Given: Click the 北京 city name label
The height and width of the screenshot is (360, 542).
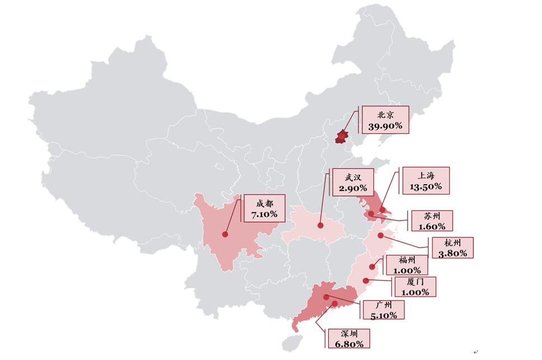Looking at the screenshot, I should [x=385, y=115].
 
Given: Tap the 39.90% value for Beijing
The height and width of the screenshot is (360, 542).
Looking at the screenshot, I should [x=385, y=126].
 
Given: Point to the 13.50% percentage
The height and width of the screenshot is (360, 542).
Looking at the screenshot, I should [x=426, y=186].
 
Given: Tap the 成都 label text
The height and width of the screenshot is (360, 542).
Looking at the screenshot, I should [x=264, y=203].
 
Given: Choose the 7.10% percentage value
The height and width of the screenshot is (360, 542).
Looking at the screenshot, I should [x=264, y=214].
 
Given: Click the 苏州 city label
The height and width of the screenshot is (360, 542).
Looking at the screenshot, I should [x=432, y=216].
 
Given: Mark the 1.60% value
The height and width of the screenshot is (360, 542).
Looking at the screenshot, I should [x=432, y=227].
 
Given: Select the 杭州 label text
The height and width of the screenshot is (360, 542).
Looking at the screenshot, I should [x=452, y=242].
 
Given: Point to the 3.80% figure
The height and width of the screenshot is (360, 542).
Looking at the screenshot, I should [x=452, y=253].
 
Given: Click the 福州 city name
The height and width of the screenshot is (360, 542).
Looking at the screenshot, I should [x=407, y=260].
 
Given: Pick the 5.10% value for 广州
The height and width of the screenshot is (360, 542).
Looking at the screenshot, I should [x=384, y=315].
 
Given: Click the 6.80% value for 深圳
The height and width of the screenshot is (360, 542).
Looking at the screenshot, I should [x=348, y=344].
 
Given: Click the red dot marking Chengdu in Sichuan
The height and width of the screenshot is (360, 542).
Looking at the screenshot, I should [x=225, y=235].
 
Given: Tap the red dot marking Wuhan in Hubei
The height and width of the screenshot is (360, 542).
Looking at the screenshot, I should [x=321, y=226].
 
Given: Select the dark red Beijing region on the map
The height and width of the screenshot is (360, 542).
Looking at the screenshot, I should [x=342, y=135].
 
